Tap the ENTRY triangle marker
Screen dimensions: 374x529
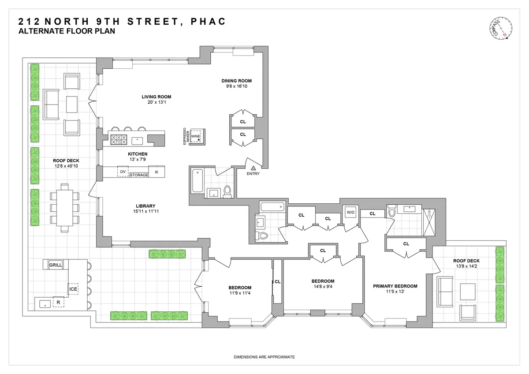pos(253,168)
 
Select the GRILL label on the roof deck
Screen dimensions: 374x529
pos(56,265)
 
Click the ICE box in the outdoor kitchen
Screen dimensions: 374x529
pos(73,289)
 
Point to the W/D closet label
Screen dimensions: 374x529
pos(351,212)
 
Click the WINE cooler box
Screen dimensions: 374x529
pos(196,137)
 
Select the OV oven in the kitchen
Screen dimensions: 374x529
pos(123,171)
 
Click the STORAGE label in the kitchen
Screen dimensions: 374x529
pos(139,175)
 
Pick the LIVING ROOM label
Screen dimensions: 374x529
pos(156,97)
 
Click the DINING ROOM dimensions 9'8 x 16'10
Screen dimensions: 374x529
pos(236,87)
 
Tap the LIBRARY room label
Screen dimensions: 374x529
pos(145,206)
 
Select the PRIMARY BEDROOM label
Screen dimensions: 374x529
pos(395,286)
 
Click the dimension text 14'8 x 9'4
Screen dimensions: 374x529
pos(323,287)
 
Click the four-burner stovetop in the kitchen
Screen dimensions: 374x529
pos(119,140)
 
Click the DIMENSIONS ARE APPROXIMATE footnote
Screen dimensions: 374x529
pos(264,357)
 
